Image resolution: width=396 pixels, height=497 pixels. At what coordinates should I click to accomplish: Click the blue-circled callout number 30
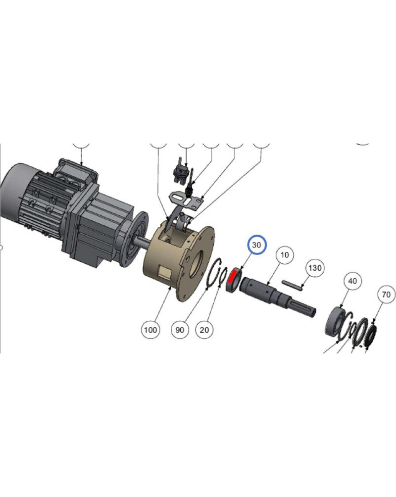[256, 245]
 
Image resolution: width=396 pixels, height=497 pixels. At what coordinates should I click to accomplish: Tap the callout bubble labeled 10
[285, 255]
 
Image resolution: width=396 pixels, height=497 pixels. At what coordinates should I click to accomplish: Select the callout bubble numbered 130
[315, 268]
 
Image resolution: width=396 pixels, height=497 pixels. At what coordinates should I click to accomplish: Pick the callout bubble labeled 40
[352, 281]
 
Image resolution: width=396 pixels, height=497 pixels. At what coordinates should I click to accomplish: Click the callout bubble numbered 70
[386, 295]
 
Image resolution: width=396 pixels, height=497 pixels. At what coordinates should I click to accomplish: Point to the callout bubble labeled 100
[150, 330]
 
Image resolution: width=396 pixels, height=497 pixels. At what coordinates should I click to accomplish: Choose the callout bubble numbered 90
[180, 330]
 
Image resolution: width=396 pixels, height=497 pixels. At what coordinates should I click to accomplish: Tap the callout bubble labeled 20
[204, 330]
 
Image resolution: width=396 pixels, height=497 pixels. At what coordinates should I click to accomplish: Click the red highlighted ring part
[233, 276]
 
